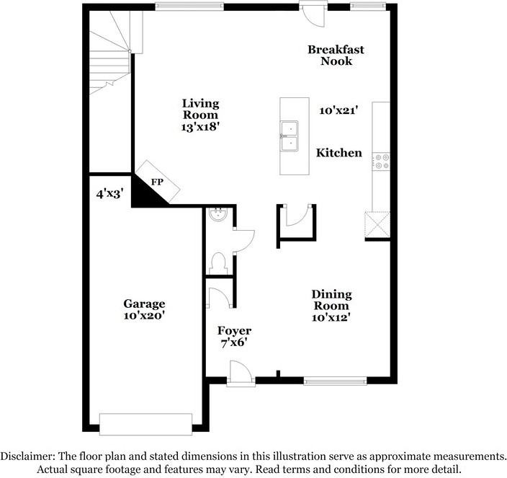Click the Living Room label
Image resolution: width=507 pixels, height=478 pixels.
(200, 109)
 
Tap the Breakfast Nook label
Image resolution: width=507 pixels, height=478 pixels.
(336, 56)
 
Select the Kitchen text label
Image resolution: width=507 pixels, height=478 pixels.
(339, 153)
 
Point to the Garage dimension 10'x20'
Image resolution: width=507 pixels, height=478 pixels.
(144, 316)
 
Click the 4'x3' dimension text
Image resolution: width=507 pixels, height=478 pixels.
(109, 194)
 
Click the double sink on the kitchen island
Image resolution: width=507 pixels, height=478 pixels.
(290, 136)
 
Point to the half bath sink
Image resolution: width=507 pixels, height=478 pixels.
(216, 214)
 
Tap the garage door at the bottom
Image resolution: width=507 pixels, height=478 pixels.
(145, 424)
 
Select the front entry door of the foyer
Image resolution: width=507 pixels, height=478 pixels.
(241, 374)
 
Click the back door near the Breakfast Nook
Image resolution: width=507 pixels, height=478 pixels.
(313, 13)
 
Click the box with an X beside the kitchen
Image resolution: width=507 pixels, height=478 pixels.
(377, 224)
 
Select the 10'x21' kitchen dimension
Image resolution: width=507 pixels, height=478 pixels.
(339, 110)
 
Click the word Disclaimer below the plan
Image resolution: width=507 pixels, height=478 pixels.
(27, 456)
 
